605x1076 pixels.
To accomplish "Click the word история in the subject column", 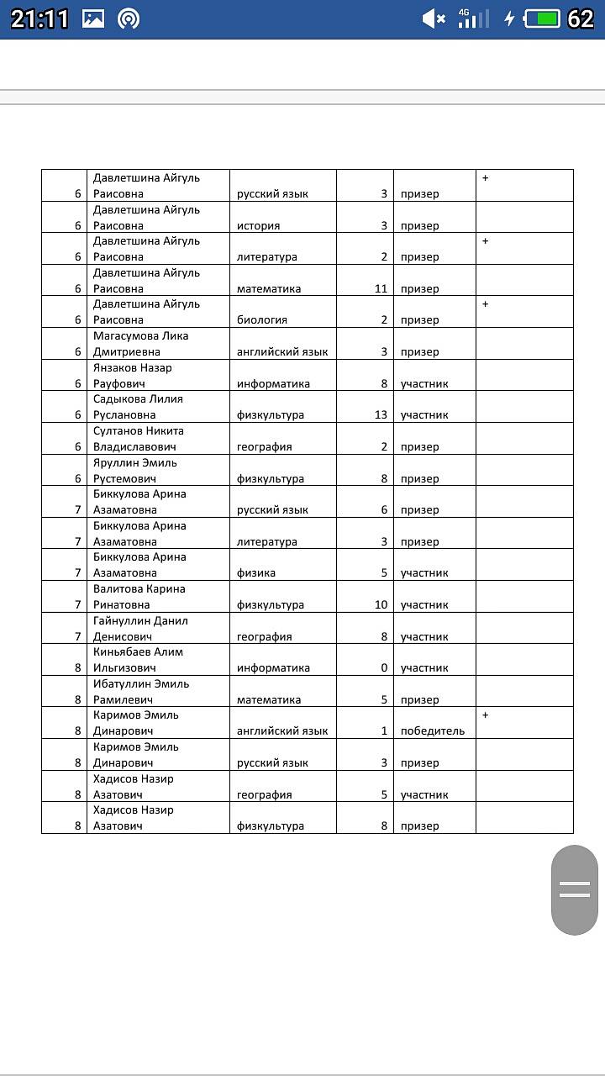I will tap(258, 225).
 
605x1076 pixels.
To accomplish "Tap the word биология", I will tap(261, 319).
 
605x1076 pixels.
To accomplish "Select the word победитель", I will tap(432, 731).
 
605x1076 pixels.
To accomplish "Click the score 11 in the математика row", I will tap(381, 288).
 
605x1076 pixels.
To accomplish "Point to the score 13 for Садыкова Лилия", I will tap(381, 414).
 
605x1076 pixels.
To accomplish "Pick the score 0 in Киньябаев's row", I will tap(384, 667).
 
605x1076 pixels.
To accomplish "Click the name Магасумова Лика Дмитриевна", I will tap(140, 343).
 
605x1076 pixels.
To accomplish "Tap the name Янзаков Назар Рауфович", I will tap(134, 375).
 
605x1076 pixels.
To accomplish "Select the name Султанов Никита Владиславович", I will tap(138, 438).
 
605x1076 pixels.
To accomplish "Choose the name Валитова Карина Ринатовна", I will tap(139, 596).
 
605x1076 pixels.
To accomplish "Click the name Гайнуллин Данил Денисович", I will tap(140, 628).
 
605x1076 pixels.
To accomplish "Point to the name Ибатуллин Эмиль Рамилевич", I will tap(141, 691).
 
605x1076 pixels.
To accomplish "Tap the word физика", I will tap(256, 572).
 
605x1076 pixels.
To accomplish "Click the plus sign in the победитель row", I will tap(485, 715).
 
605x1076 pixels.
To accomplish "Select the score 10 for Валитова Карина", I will tap(381, 604).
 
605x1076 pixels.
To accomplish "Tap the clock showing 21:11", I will tap(39, 18).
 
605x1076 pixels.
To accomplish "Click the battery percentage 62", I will tap(581, 18).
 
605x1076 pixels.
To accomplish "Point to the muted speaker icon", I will tap(433, 18).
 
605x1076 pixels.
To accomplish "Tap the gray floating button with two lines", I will tap(575, 889).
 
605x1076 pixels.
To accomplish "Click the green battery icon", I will tap(542, 18).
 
